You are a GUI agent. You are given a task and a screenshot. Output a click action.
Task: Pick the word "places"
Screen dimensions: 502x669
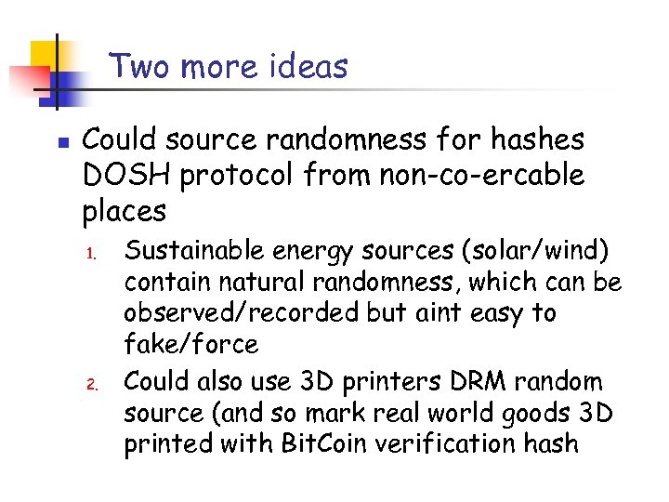[x=125, y=211]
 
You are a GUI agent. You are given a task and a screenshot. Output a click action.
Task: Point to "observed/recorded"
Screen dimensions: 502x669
[x=240, y=312]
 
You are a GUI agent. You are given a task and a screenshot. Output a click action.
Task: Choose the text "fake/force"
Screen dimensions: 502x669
[x=190, y=344]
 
